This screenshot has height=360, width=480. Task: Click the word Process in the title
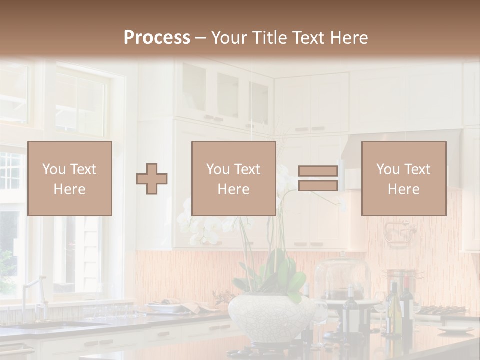tap(157, 38)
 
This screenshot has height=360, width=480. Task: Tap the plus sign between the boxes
tap(152, 179)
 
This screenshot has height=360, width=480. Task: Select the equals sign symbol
tap(318, 178)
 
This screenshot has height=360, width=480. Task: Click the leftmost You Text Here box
tap(70, 178)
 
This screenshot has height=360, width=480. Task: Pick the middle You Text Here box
tap(233, 178)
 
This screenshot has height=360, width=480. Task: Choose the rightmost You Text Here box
tap(403, 178)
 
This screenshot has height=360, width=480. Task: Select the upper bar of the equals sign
tap(318, 171)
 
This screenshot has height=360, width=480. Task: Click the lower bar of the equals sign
tap(318, 185)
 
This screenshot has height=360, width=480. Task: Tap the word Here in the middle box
tap(233, 189)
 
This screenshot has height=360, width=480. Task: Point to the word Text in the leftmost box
tap(83, 169)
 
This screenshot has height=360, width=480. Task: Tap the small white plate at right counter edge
tap(455, 330)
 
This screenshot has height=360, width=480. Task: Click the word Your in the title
tap(231, 38)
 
